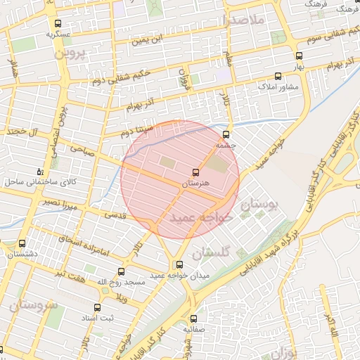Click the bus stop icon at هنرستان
[x=195, y=172]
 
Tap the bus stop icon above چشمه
[x=226, y=134]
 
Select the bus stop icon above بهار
[x=299, y=56]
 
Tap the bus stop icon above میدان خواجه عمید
[x=179, y=264]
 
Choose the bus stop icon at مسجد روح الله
[x=121, y=271]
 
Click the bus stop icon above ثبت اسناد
[x=96, y=307]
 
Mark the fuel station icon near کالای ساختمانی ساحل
[x=39, y=172]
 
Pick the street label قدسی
[x=115, y=214]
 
